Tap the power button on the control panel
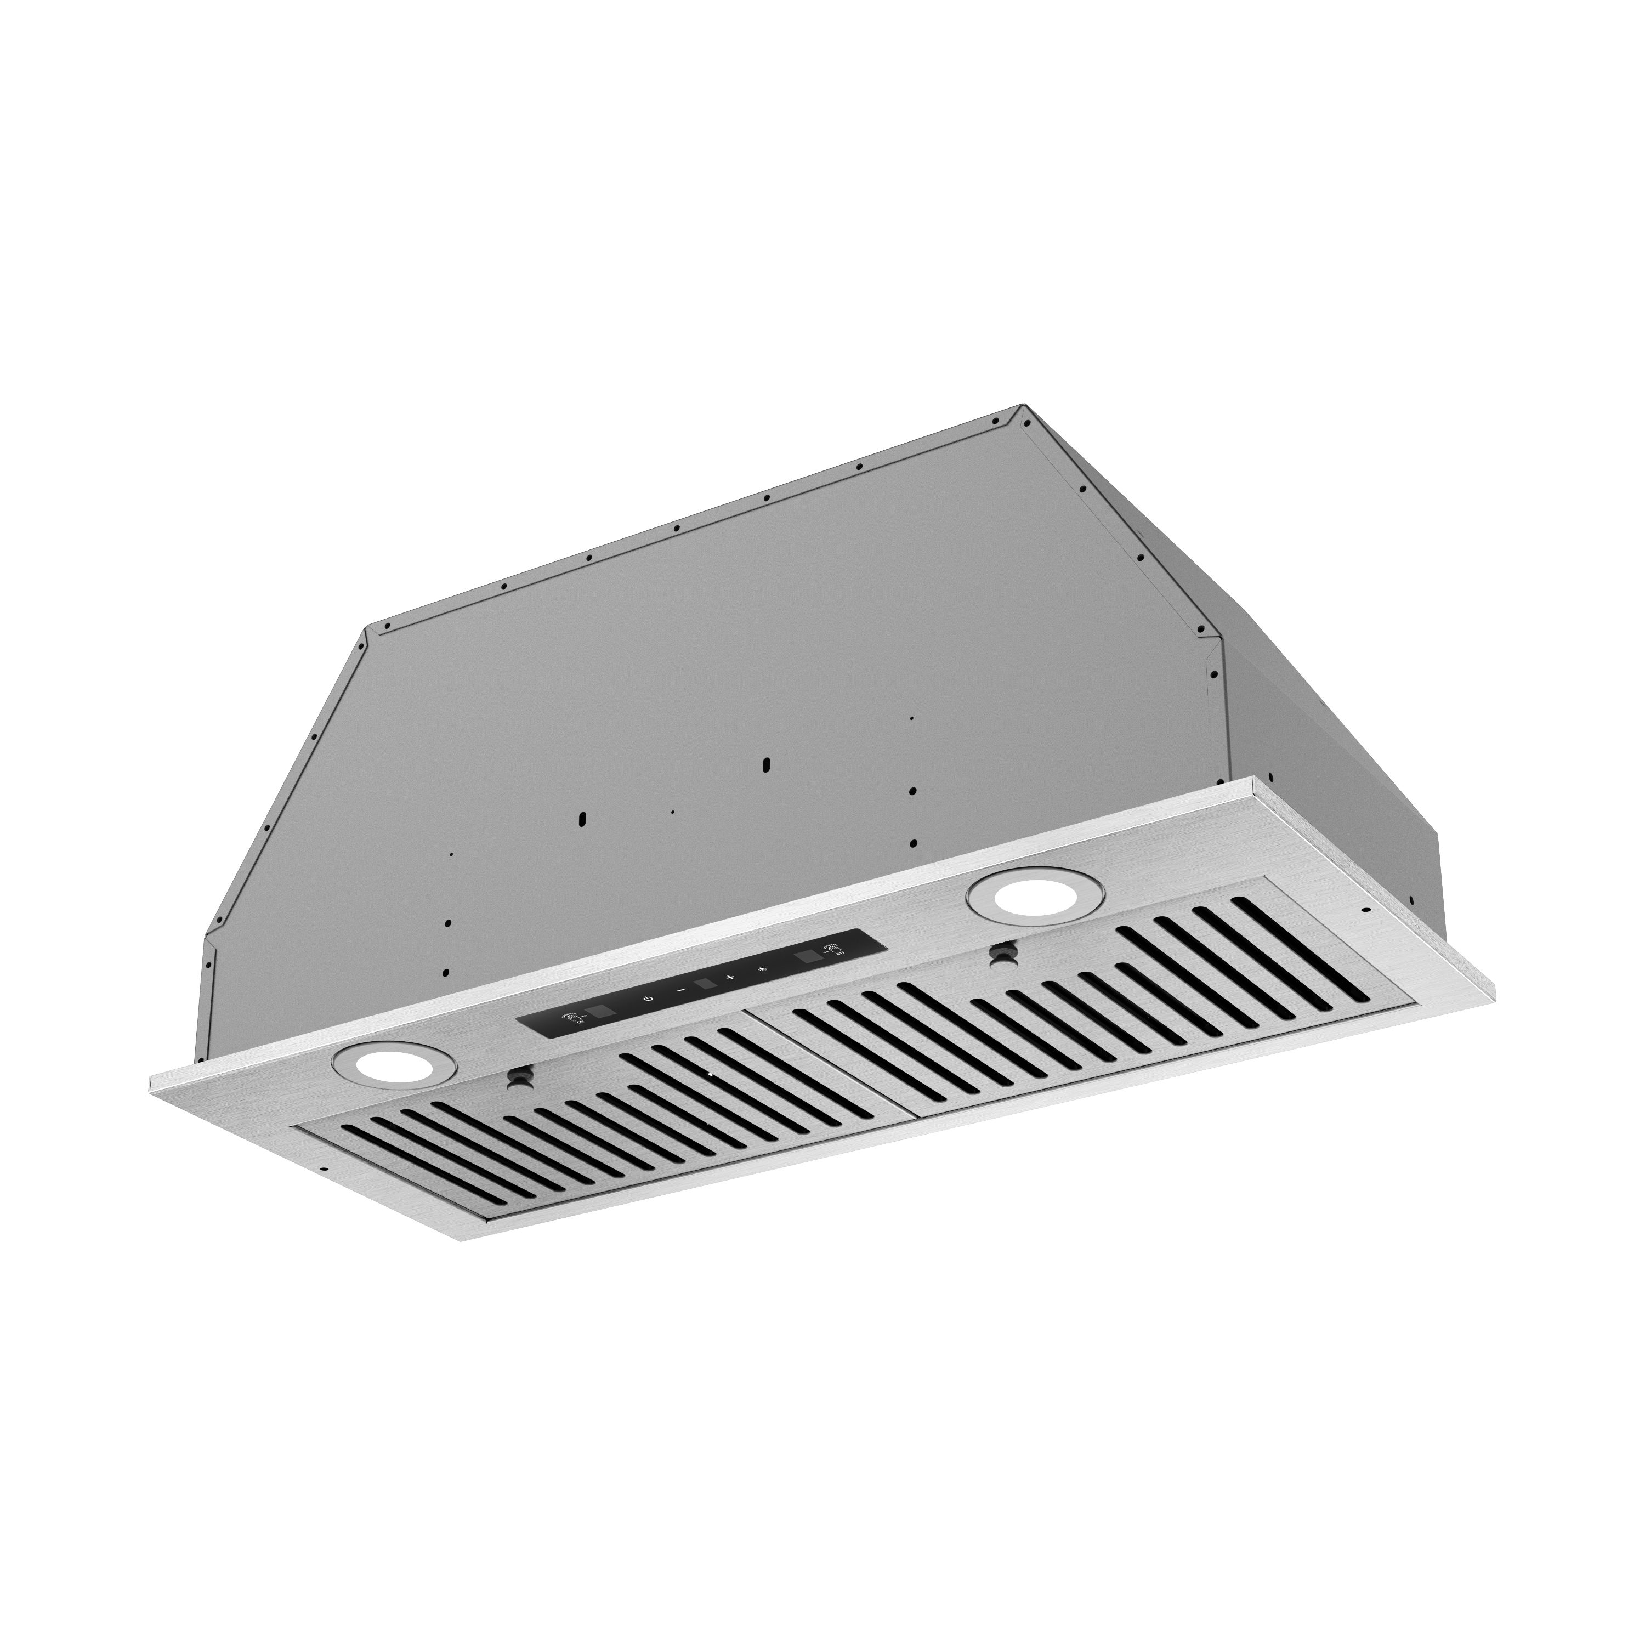[650, 999]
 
